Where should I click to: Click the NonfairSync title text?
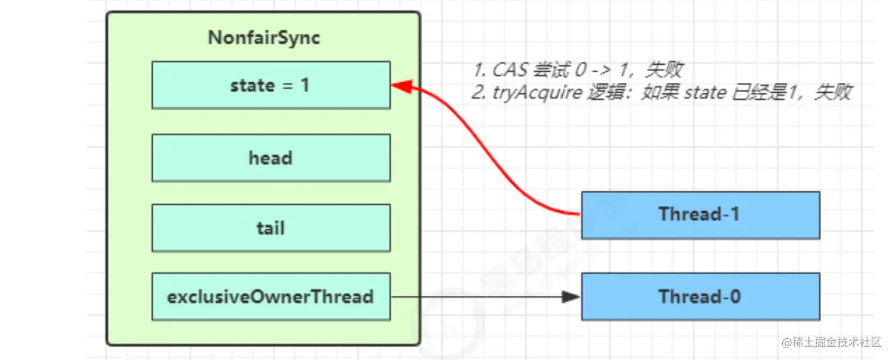pyautogui.click(x=264, y=38)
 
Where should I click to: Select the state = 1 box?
pyautogui.click(x=271, y=85)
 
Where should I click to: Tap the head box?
pyautogui.click(x=271, y=158)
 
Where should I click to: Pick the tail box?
pyautogui.click(x=271, y=228)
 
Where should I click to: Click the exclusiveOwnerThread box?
pyautogui.click(x=271, y=296)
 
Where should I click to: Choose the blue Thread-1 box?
pyautogui.click(x=700, y=215)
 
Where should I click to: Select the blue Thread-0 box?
pyautogui.click(x=700, y=296)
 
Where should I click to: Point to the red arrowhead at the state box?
pyautogui.click(x=399, y=86)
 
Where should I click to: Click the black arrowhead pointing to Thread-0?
pyautogui.click(x=571, y=296)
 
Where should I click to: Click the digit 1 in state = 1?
pyautogui.click(x=305, y=85)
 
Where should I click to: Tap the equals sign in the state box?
pyautogui.click(x=287, y=85)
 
